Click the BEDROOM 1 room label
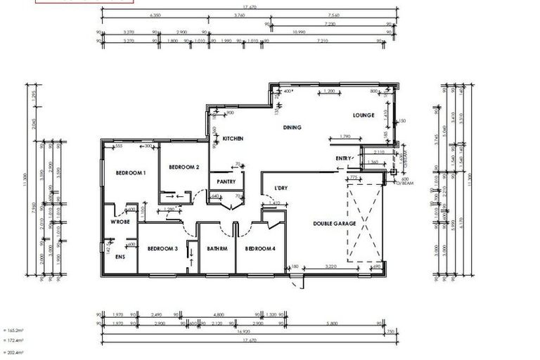(x=130, y=172)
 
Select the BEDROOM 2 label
(x=184, y=167)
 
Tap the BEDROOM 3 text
(x=161, y=248)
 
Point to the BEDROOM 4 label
(x=260, y=248)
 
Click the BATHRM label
(x=217, y=248)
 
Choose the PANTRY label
(x=226, y=181)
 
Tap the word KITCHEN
(x=233, y=139)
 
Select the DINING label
(x=292, y=127)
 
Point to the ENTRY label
(x=343, y=158)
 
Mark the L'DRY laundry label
(x=281, y=188)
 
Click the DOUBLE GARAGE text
(x=335, y=224)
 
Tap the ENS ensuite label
(x=120, y=257)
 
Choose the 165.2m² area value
(x=13, y=329)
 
